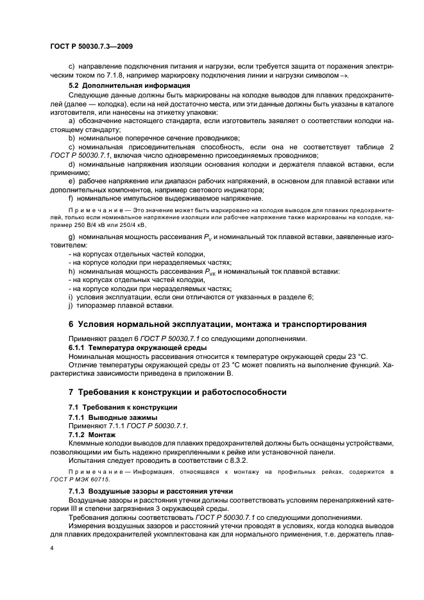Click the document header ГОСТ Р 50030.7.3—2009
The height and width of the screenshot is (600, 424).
coord(90,46)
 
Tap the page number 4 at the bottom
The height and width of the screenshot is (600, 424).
coord(53,549)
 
